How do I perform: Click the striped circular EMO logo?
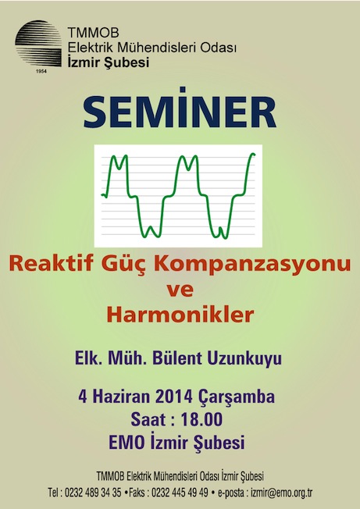coord(38,44)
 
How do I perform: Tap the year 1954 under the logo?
coord(41,71)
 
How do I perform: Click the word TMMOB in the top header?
coord(93,33)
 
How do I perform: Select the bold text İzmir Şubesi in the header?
coord(109,62)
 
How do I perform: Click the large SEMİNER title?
coord(180,109)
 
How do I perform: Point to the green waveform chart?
coord(178,196)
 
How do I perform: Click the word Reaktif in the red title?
coord(52,263)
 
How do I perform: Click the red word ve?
coord(180,290)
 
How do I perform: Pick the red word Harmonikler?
coord(180,315)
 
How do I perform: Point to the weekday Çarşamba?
coord(237,397)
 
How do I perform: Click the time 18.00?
coord(201,419)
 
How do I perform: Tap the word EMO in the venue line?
coord(127,443)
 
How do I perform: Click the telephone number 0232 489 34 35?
coord(93,493)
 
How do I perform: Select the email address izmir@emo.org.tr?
coord(281,493)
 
